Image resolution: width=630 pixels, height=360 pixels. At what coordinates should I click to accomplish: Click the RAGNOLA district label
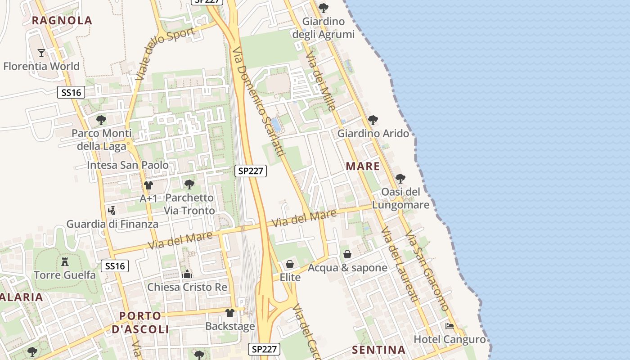pos(62,20)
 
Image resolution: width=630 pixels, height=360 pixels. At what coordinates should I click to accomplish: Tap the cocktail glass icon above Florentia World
pos(41,53)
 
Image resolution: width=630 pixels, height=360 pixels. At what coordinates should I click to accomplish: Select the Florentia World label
pos(41,66)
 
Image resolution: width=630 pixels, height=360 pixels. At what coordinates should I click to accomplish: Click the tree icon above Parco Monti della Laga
pos(101,120)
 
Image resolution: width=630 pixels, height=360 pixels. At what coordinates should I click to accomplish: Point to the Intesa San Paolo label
pos(128,165)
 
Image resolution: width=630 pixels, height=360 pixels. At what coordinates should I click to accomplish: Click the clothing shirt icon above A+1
pos(148,185)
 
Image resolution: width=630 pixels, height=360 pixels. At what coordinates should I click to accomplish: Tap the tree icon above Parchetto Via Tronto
pos(189,184)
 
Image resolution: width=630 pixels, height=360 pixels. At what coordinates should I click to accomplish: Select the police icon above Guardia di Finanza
pos(112,210)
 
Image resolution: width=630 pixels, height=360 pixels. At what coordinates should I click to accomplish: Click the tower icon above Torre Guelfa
pos(65,261)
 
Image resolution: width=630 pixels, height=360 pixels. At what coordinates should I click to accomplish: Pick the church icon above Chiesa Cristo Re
pos(187,274)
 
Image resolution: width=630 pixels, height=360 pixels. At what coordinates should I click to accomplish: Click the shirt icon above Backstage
pos(230,313)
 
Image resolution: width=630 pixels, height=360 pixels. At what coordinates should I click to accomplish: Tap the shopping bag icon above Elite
pos(290,264)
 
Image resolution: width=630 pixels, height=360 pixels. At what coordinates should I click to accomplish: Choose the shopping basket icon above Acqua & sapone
pos(347,254)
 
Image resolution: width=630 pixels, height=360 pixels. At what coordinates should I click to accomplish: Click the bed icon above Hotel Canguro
pos(449,326)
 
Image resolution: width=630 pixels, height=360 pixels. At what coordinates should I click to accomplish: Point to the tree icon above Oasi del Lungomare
pos(400,179)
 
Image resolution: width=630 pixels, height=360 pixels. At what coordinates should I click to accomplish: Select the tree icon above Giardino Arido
pos(373,120)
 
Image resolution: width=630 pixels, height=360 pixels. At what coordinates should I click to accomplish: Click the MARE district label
pos(363,166)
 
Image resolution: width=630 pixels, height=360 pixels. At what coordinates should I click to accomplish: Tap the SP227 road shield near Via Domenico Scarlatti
pos(251,171)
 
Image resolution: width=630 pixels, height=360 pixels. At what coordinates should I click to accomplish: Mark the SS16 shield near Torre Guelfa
pos(115,266)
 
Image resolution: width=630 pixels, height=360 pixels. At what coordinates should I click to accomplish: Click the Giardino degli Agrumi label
pos(324,28)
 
